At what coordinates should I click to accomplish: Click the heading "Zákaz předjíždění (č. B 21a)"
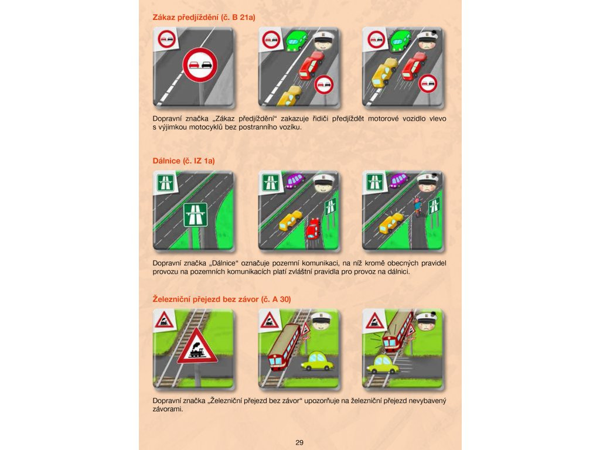pos(203,17)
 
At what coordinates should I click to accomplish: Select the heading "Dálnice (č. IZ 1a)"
pos(183,161)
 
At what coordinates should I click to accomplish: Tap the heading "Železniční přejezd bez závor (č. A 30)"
pos(221,299)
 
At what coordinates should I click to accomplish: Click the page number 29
pos(299,442)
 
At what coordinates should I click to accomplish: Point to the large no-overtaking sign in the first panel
pos(200,65)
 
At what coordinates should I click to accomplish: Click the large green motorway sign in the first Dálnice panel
pos(196,214)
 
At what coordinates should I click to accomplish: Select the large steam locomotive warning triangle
pos(197,347)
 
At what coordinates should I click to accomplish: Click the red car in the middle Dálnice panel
pos(313,228)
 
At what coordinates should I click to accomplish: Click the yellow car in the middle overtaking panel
pos(289,96)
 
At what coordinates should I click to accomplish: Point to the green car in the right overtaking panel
pos(401,41)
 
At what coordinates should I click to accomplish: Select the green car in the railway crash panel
pos(384,364)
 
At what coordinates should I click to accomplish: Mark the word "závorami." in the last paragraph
pos(168,409)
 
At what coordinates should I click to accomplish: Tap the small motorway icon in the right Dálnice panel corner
pos(374,182)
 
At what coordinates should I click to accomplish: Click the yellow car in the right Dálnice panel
pos(391,223)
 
